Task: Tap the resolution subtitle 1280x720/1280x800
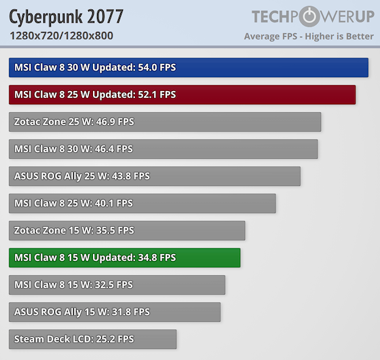tap(61, 36)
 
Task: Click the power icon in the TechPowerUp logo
tap(309, 16)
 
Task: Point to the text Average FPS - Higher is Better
tap(309, 36)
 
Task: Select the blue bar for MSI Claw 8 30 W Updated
tap(189, 67)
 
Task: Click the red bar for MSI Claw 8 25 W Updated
tap(182, 94)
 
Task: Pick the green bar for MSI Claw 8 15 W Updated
tap(124, 257)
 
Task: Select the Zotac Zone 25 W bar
tap(165, 122)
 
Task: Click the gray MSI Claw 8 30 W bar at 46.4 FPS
tap(163, 149)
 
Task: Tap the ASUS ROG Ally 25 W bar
tap(155, 176)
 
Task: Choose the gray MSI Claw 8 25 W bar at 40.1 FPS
tap(142, 203)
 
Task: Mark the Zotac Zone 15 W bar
tap(127, 230)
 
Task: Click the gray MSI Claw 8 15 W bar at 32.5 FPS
tap(117, 285)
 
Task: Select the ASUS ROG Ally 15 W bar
tap(115, 312)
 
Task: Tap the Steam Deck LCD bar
tap(92, 339)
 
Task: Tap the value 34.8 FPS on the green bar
tap(157, 257)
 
